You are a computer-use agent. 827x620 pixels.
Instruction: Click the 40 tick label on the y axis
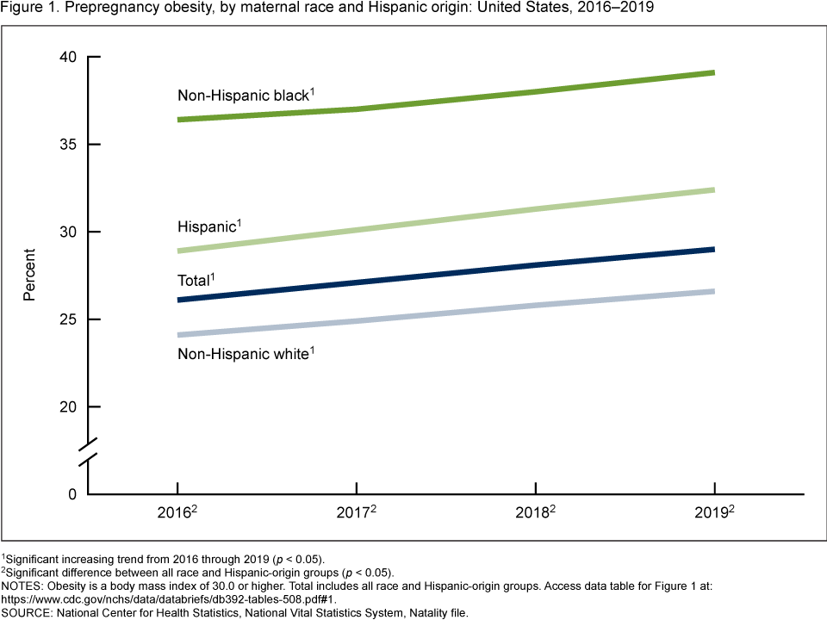coord(68,57)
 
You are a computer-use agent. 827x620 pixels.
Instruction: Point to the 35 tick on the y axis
coord(68,144)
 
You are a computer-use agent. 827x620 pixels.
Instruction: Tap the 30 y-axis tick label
coord(68,232)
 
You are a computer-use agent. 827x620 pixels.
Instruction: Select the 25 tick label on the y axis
coord(68,319)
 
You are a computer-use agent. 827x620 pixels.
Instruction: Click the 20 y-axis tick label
coord(68,406)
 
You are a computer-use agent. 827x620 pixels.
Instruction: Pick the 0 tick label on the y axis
coord(72,494)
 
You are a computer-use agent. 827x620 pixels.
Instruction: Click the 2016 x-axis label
coord(177,513)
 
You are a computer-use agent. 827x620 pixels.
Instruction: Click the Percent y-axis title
coord(30,276)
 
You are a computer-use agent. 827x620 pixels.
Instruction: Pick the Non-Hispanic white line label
coord(244,353)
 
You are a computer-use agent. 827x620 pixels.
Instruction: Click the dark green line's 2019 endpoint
coord(713,73)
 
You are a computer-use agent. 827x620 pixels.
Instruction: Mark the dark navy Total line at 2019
coord(713,250)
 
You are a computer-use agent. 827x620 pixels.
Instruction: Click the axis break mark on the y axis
coord(90,457)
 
